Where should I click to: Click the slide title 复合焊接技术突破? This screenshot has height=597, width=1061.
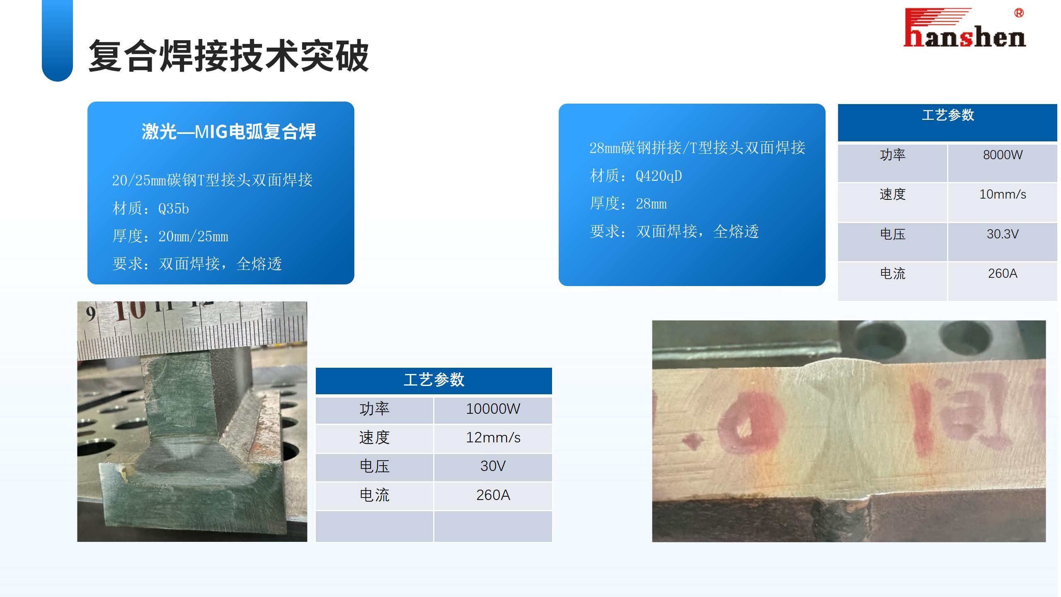228,56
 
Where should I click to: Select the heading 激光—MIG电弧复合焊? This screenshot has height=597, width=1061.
229,132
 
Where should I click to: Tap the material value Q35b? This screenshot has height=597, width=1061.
174,208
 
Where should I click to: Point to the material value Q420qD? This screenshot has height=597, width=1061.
659,176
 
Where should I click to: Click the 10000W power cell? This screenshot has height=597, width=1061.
493,409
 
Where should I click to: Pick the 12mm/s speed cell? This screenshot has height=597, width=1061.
493,438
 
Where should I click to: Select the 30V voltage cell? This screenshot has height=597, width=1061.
493,466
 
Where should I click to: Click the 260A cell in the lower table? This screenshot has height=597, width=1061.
493,495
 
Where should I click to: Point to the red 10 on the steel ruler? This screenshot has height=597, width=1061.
130,310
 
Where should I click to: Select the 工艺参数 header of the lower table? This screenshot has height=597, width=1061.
434,380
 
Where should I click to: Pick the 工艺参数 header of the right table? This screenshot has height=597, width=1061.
947,115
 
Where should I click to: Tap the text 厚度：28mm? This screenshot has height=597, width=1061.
628,204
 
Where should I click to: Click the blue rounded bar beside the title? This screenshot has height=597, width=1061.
57,40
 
